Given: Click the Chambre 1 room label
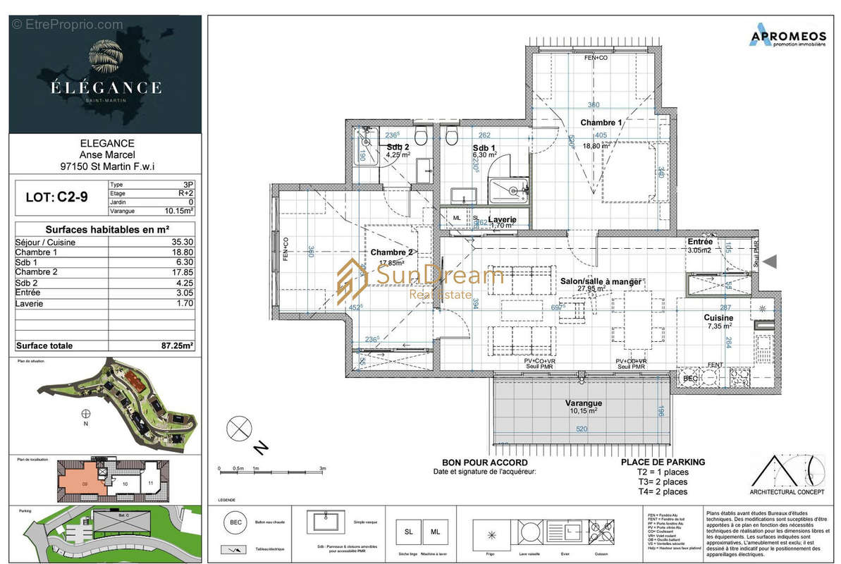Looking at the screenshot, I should coord(601,123).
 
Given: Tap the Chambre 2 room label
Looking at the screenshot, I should coord(391,252).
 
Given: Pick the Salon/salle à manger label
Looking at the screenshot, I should coord(601,281).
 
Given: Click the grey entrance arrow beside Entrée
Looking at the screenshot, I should coord(770,262).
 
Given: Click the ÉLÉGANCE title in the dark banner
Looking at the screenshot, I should coord(106,88).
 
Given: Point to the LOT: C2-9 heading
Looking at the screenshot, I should coord(59,198).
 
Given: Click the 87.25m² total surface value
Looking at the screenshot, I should coord(177,346).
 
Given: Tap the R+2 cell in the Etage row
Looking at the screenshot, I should coord(185,192).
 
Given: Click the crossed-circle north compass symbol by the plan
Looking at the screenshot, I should coord(239,428).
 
